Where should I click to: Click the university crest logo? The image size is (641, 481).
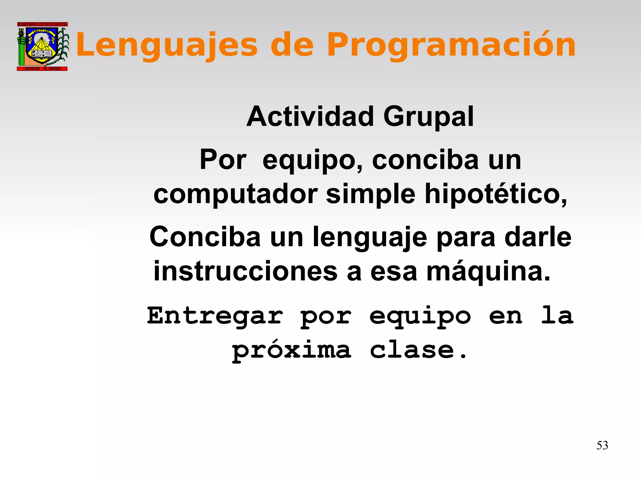click(x=42, y=46)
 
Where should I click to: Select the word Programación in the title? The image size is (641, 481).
click(x=451, y=45)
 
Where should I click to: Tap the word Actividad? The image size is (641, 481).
click(x=310, y=116)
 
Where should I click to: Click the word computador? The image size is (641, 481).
click(x=235, y=194)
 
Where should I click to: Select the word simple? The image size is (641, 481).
click(x=371, y=194)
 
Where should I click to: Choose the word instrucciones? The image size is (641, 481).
click(x=245, y=271)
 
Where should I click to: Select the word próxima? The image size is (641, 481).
click(x=291, y=350)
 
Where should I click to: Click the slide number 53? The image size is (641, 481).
click(x=602, y=445)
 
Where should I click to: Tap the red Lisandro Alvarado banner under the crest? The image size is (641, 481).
click(x=42, y=69)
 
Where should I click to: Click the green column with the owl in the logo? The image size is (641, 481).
click(x=21, y=47)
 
